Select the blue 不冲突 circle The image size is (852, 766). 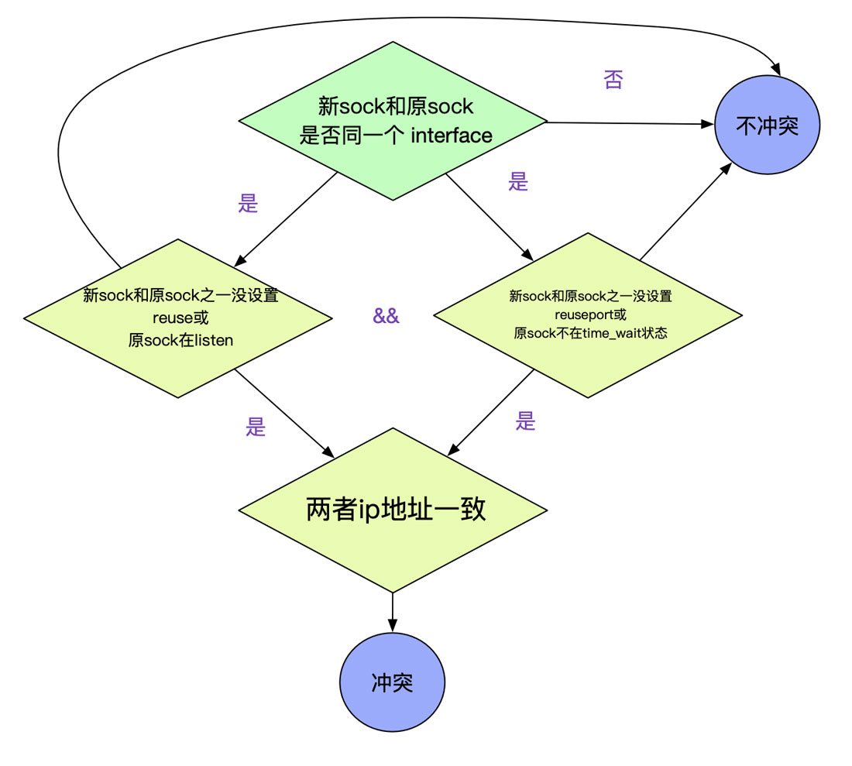pos(767,125)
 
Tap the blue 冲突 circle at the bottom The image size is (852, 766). pos(392,683)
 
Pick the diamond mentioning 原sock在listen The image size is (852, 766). pos(178,318)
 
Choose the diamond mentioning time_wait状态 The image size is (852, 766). pos(588,316)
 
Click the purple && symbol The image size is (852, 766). pos(386,316)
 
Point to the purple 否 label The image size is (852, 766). pos(613,80)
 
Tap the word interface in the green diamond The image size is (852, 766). pos(451,136)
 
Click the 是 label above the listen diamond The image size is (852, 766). pos(248,204)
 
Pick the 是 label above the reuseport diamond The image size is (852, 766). pos(518,182)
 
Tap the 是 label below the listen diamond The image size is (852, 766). pos(256,426)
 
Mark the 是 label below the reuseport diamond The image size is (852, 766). pos(526,421)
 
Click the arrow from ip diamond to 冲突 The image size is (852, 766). pos(393,612)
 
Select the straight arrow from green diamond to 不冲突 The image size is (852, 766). pos(627,122)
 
